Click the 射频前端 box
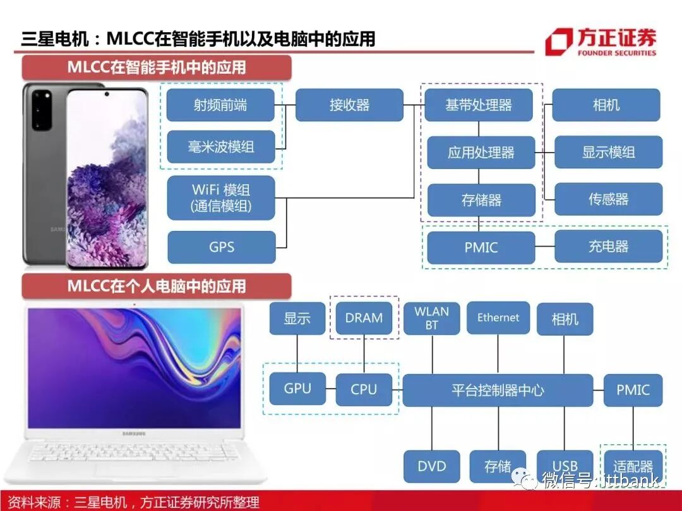click(x=220, y=105)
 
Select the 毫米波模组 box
click(x=220, y=147)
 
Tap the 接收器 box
click(x=349, y=105)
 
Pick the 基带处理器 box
click(x=479, y=105)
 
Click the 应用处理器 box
click(x=481, y=153)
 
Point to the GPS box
click(x=222, y=247)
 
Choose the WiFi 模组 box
click(x=221, y=197)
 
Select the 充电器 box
click(x=608, y=247)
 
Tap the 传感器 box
click(x=608, y=199)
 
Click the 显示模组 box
click(x=608, y=152)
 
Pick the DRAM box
click(x=364, y=318)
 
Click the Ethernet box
click(x=498, y=318)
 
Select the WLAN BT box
click(x=431, y=318)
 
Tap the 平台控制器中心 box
click(x=498, y=390)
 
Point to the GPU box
click(x=297, y=389)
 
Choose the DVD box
click(x=432, y=467)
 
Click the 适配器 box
click(x=633, y=467)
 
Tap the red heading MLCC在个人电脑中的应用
click(x=157, y=286)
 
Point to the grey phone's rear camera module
click(x=42, y=109)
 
